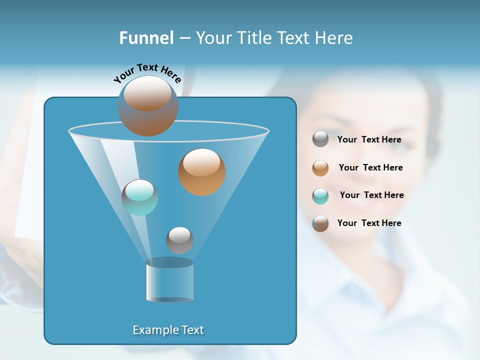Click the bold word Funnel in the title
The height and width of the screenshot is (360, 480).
(146, 38)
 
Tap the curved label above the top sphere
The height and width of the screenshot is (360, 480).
(147, 73)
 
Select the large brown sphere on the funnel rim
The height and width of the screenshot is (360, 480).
(148, 105)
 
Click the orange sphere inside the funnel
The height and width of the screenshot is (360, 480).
(202, 172)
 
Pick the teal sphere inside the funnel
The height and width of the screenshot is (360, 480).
(139, 197)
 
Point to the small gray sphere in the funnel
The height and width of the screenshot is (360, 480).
(179, 240)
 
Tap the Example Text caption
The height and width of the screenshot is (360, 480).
(168, 330)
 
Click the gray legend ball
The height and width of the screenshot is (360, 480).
(320, 139)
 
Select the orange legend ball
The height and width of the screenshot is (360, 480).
(320, 167)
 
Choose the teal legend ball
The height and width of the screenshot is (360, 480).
(320, 195)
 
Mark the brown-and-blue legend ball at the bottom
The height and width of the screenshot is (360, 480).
(320, 223)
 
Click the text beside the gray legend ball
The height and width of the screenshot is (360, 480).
(369, 139)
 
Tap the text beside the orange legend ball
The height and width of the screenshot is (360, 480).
(370, 167)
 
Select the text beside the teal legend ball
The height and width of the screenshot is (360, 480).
(371, 195)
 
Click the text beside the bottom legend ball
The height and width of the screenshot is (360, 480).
(369, 223)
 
